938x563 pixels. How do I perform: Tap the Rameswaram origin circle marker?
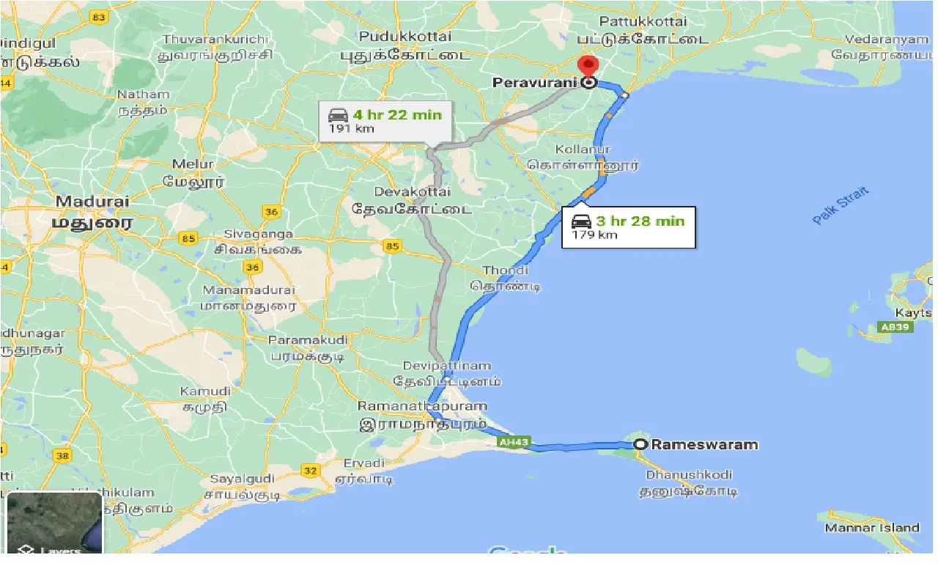coord(640,444)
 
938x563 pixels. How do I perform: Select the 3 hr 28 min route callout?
coord(628,227)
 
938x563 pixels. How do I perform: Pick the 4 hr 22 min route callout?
coord(385,121)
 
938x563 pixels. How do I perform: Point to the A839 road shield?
coord(895,328)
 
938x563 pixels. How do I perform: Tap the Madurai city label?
coord(92,201)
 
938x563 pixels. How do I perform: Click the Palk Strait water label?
coord(841,206)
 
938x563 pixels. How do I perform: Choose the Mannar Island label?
coord(872,528)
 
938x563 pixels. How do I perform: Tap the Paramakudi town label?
coord(308,341)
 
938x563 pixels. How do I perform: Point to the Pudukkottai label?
coord(405,36)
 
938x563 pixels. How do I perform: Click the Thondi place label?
coord(505,271)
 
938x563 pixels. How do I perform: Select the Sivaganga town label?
coord(248,235)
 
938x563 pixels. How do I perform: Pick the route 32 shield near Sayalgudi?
coord(311,470)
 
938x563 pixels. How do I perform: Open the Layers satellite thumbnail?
coord(54,523)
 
